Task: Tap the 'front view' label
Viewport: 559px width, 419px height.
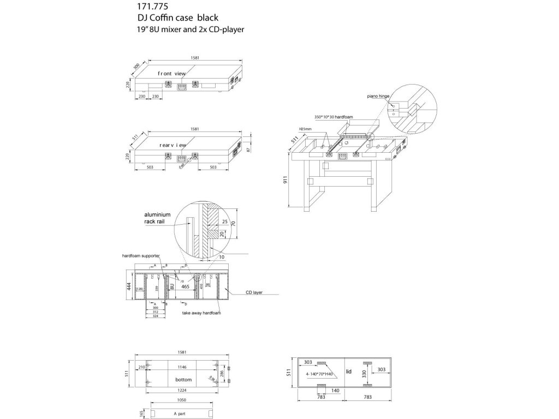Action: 172,73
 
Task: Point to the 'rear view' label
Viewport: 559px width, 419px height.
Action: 173,146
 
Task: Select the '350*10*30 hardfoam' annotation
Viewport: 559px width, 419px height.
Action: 334,117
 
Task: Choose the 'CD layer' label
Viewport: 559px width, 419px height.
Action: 254,292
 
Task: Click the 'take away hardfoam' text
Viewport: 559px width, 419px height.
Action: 201,314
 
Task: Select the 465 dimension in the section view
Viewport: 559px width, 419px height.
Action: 185,286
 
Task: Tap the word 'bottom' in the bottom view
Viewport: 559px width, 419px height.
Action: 183,379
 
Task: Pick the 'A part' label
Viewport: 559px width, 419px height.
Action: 180,414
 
